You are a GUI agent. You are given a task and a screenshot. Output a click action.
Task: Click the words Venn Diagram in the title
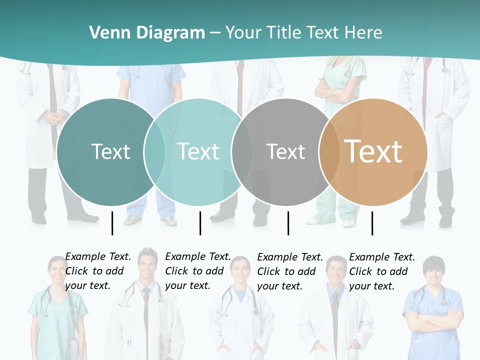pyautogui.click(x=147, y=32)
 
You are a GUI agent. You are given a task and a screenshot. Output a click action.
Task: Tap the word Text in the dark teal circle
pyautogui.click(x=110, y=151)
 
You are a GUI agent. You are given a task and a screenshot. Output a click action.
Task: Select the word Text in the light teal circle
pyautogui.click(x=198, y=151)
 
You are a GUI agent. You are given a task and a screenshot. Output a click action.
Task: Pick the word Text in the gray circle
pyautogui.click(x=285, y=151)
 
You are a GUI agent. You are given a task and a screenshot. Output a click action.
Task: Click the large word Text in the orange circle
pyautogui.click(x=373, y=151)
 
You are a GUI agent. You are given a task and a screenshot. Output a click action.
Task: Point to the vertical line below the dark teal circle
pyautogui.click(x=112, y=223)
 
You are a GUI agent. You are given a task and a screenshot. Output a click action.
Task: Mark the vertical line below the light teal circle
pyautogui.click(x=200, y=223)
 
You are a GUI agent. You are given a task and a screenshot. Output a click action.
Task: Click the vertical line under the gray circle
pyautogui.click(x=288, y=223)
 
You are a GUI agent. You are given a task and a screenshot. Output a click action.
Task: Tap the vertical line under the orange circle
pyautogui.click(x=372, y=223)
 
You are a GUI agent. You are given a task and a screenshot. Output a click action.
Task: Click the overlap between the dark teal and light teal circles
pyautogui.click(x=154, y=151)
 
